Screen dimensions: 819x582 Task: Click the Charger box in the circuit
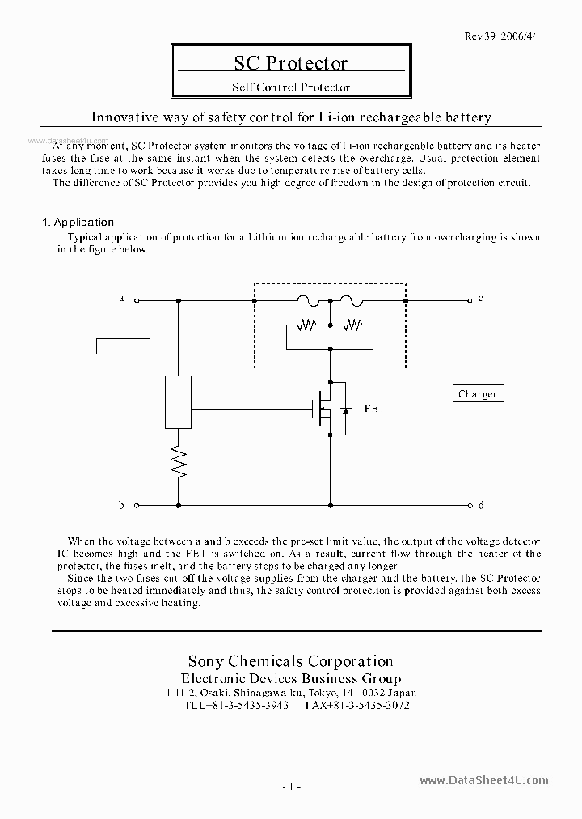[477, 394]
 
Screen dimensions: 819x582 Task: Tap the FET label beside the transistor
[374, 409]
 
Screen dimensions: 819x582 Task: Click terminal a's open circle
[137, 300]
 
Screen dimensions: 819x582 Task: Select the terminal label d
[481, 506]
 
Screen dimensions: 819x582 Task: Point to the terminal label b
[121, 506]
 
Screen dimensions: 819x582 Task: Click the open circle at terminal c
[469, 300]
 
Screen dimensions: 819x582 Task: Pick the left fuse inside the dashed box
[310, 299]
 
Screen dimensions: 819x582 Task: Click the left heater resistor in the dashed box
[308, 325]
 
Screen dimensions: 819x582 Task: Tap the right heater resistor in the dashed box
[352, 325]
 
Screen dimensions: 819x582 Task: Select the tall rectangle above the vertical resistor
[178, 401]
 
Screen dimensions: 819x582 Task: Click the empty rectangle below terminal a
[124, 346]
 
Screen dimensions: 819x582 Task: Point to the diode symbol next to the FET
[345, 409]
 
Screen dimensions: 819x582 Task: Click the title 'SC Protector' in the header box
[290, 64]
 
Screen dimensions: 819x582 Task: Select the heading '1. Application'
[78, 222]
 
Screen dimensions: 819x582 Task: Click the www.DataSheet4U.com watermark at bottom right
[484, 780]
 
